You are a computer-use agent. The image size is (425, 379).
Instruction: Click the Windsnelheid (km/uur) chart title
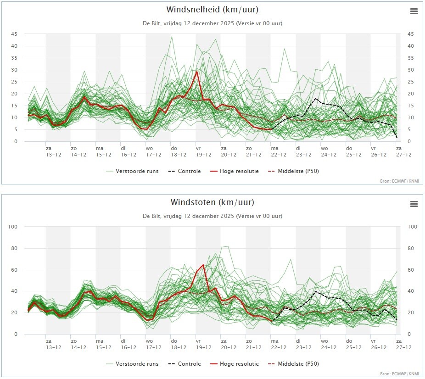click(212, 10)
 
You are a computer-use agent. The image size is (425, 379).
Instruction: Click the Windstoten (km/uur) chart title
click(212, 202)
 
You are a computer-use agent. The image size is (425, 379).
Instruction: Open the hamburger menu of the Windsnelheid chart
click(414, 11)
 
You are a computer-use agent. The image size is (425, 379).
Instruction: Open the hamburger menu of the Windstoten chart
click(414, 204)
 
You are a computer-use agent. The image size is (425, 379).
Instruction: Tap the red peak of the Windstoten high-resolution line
click(203, 265)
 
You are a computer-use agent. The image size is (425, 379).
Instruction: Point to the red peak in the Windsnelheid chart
click(197, 72)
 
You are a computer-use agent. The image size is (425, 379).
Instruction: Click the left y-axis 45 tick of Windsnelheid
click(15, 34)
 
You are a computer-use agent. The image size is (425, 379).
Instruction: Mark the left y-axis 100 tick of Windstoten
click(13, 227)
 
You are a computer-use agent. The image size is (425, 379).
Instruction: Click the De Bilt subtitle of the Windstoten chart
click(212, 216)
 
